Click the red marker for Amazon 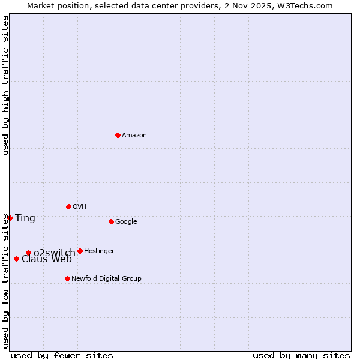[x=118, y=135]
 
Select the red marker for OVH [x=68, y=206]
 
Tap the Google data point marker [x=111, y=221]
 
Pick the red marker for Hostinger [x=80, y=251]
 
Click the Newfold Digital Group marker [x=67, y=278]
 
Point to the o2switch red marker [x=28, y=253]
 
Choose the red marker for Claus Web [x=16, y=259]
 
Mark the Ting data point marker [x=10, y=218]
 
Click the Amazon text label [x=134, y=136]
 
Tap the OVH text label [x=80, y=207]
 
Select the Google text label [x=126, y=222]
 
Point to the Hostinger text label [x=99, y=251]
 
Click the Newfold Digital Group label [x=106, y=279]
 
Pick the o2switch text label [x=54, y=253]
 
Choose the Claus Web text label [x=47, y=259]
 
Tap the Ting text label [x=25, y=218]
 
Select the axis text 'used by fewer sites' [x=62, y=355]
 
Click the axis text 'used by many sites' [x=301, y=355]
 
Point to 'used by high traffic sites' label [x=5, y=85]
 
